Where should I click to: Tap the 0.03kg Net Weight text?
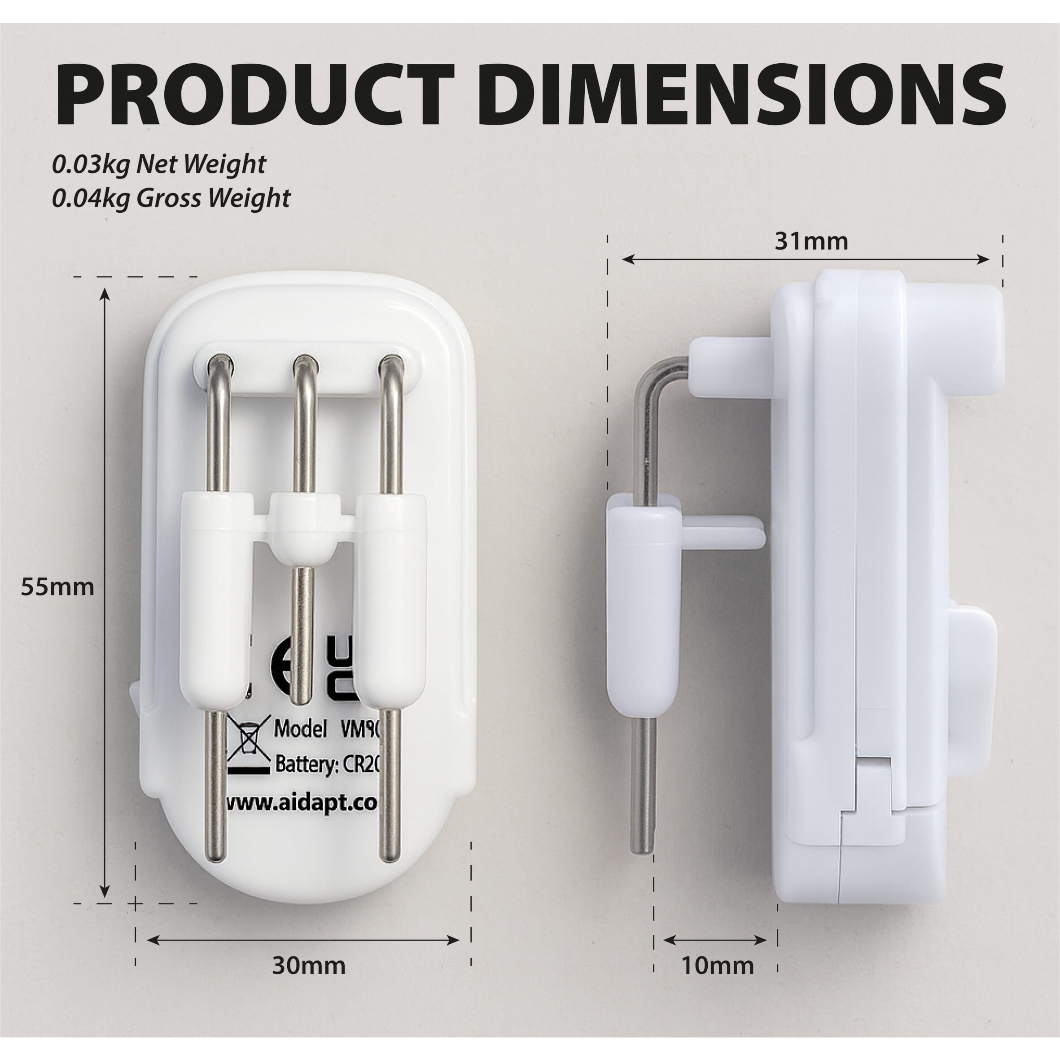159,165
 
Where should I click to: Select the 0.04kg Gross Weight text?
171,198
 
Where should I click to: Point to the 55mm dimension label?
57,587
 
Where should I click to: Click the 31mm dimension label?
811,241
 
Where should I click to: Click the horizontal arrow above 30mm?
303,940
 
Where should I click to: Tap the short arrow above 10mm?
715,940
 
